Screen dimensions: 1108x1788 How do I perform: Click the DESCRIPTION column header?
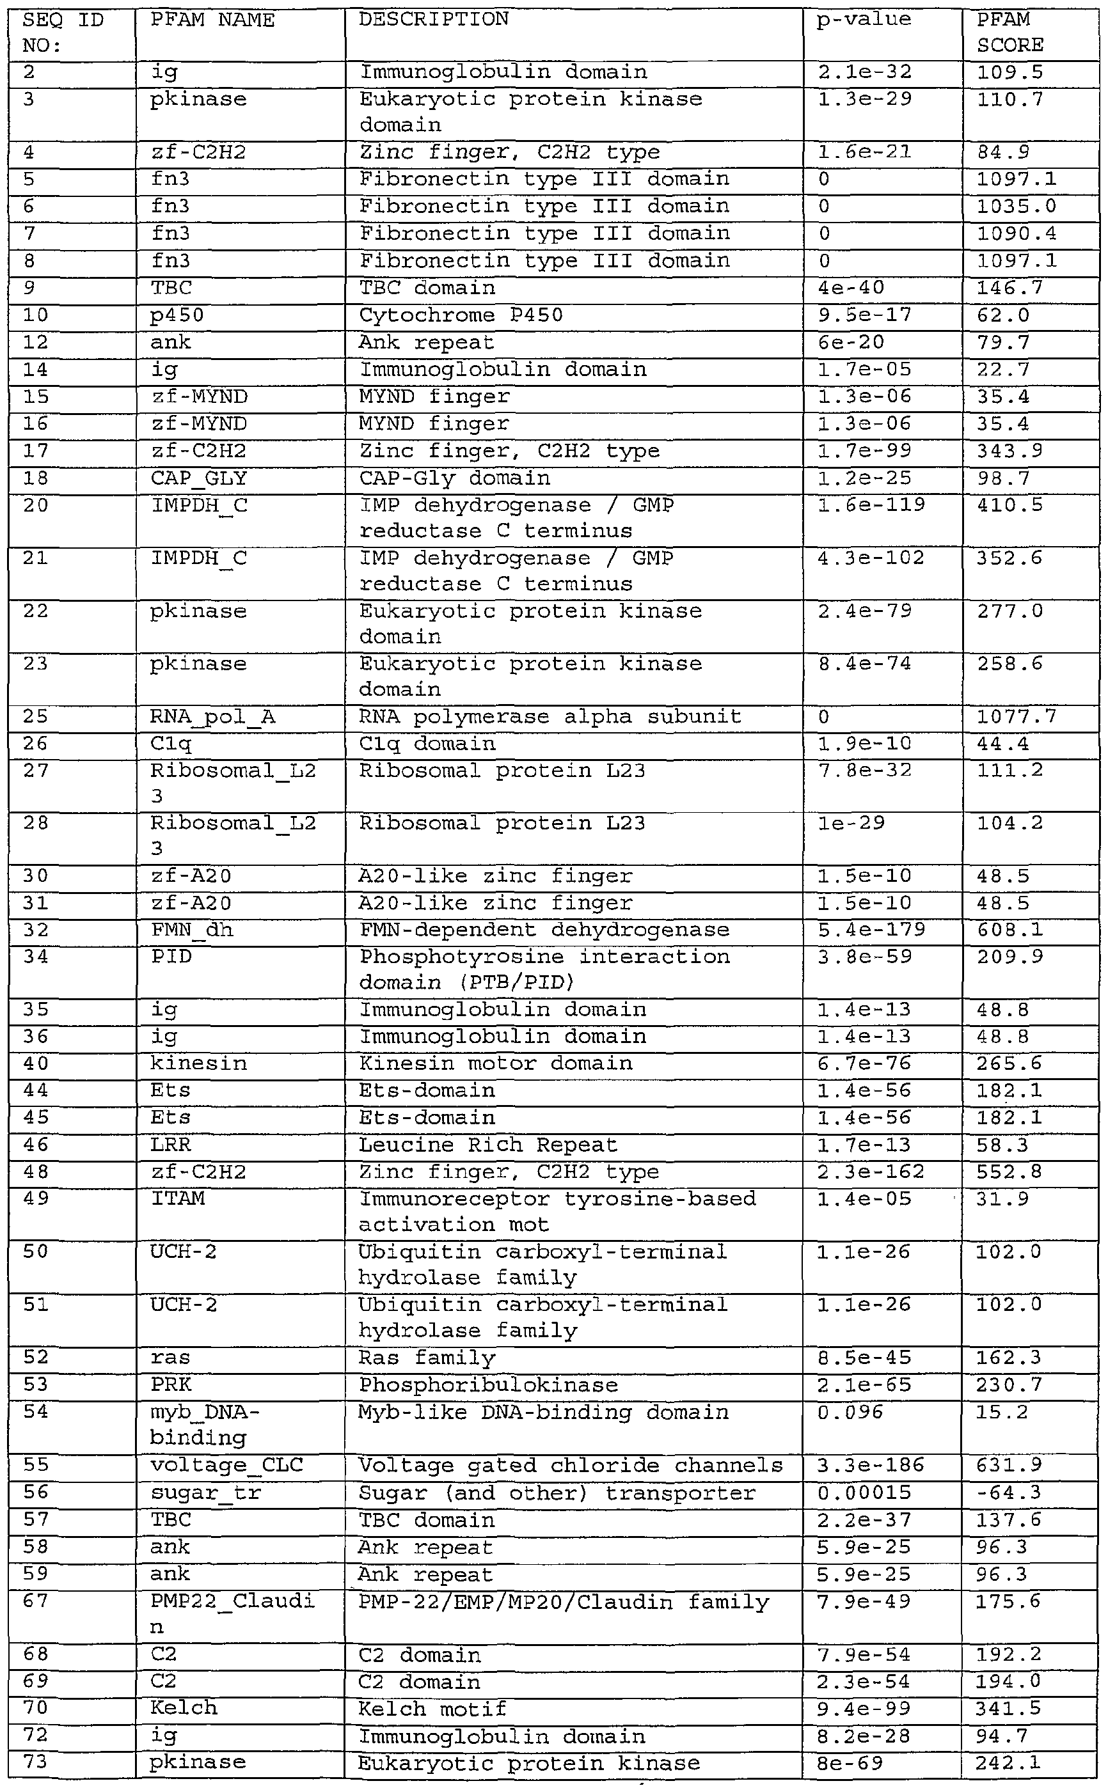[433, 19]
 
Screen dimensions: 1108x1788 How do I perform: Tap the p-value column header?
[864, 19]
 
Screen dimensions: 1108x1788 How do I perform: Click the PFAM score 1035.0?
[1017, 207]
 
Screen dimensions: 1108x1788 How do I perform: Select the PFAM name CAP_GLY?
[198, 478]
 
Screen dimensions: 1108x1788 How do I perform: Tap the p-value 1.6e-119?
[871, 505]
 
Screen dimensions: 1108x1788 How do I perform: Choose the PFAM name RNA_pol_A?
[212, 716]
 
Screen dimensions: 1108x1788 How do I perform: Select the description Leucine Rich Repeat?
[487, 1144]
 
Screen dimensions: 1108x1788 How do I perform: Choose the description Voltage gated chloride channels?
[570, 1465]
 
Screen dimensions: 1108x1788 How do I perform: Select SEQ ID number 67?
[35, 1601]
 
